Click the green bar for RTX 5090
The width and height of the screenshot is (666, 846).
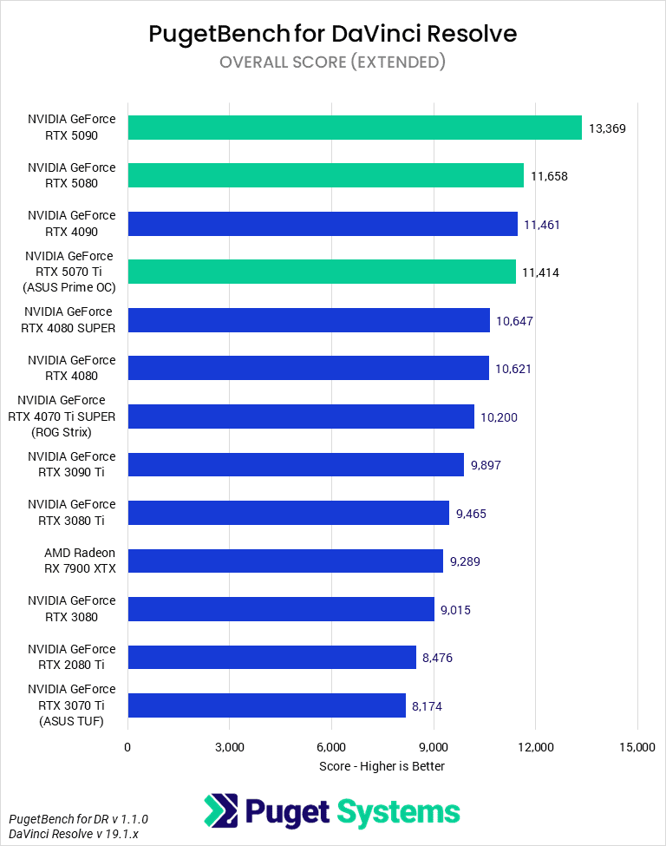(355, 128)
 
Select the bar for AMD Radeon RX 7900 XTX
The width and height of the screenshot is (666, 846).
(285, 561)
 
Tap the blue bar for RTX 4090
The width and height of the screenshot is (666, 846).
(323, 224)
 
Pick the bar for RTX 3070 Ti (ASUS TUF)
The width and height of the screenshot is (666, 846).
(267, 705)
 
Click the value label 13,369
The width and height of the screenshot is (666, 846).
(607, 128)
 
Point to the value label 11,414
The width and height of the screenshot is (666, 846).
(540, 272)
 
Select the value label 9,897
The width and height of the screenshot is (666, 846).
(486, 465)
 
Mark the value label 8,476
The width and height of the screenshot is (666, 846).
(437, 658)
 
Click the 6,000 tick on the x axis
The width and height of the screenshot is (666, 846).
(331, 747)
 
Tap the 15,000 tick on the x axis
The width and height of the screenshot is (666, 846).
(637, 747)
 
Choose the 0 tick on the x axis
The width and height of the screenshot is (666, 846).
(127, 747)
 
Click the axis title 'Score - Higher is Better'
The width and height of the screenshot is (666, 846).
(382, 766)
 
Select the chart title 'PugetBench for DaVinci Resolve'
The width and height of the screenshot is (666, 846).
(333, 34)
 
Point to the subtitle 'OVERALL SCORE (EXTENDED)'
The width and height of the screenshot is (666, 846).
(333, 62)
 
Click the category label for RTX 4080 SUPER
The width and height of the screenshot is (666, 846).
(70, 319)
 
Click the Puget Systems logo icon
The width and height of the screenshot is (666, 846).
(220, 811)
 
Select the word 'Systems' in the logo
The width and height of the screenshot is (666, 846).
(398, 812)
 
